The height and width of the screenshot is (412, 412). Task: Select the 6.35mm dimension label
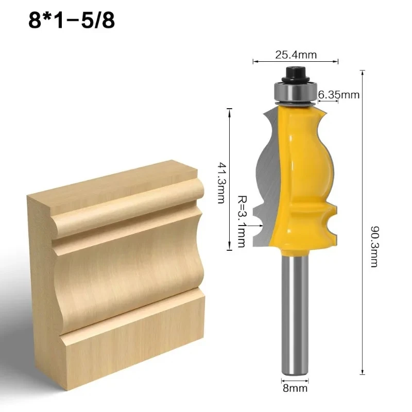click(x=338, y=95)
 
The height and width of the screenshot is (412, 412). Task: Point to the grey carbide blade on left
click(x=265, y=170)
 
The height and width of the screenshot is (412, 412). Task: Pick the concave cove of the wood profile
click(x=129, y=268)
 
